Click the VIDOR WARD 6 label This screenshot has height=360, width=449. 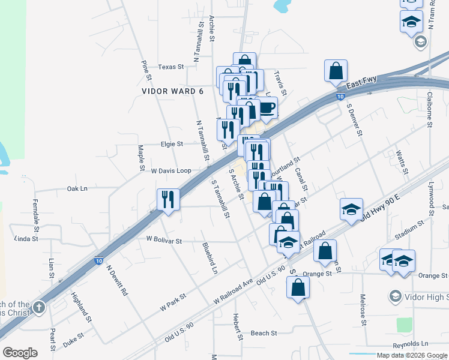173,91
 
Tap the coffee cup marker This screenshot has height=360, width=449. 267,109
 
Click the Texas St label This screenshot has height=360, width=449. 171,67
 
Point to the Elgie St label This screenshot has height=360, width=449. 172,144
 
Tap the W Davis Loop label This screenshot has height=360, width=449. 170,171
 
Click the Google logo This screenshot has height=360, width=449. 20,352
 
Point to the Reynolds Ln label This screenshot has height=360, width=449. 411,344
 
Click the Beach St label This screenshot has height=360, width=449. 264,333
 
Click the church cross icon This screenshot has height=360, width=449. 38,308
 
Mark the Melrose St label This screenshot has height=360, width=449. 363,310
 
